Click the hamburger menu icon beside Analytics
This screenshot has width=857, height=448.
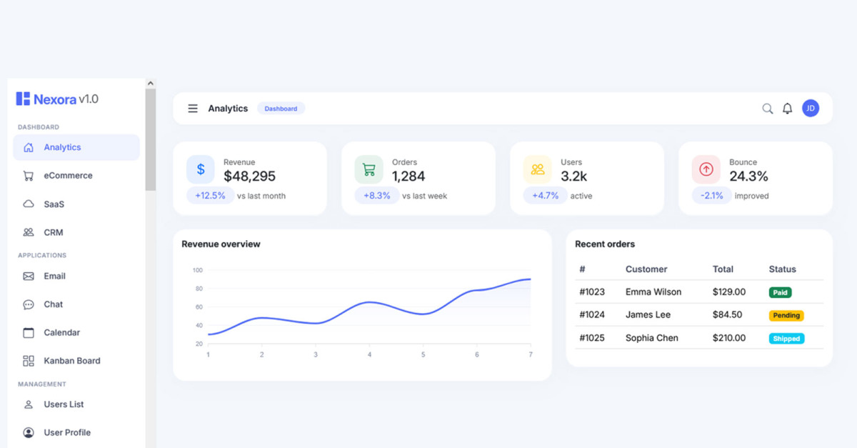pos(193,109)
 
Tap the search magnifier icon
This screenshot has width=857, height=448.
pos(767,109)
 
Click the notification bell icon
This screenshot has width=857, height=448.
pos(787,109)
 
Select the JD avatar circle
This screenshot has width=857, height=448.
pos(811,109)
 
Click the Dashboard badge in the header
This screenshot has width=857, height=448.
pos(281,109)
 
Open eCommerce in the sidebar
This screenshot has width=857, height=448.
pos(68,175)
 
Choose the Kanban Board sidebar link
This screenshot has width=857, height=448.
pos(72,361)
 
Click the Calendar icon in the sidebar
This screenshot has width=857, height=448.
pos(29,333)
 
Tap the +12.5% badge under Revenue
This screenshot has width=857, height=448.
pos(210,196)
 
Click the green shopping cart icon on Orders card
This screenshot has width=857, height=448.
pos(369,169)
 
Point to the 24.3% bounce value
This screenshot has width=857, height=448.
pos(748,176)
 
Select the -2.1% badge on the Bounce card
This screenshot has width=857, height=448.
pos(711,196)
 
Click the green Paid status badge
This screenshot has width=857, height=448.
pos(780,292)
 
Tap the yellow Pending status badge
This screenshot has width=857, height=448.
pos(786,316)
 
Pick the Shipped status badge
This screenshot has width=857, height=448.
pos(786,339)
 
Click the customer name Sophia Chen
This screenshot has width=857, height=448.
pos(651,338)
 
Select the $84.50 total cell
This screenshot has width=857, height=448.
pos(727,314)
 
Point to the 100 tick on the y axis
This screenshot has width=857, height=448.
pos(197,270)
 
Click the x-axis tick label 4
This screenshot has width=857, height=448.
pos(369,354)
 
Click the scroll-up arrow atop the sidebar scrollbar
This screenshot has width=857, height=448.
pos(151,83)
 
